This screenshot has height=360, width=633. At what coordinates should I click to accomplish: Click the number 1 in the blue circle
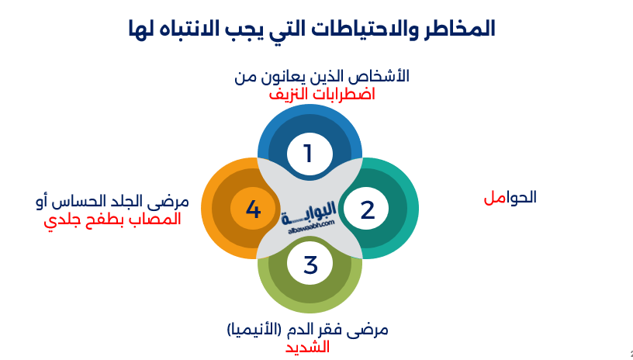tap(308, 154)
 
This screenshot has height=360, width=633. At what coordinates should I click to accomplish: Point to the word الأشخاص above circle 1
tap(381, 77)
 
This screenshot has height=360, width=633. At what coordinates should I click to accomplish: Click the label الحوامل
tap(510, 197)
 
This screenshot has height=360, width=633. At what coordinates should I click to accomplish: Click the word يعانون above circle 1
tap(283, 77)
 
